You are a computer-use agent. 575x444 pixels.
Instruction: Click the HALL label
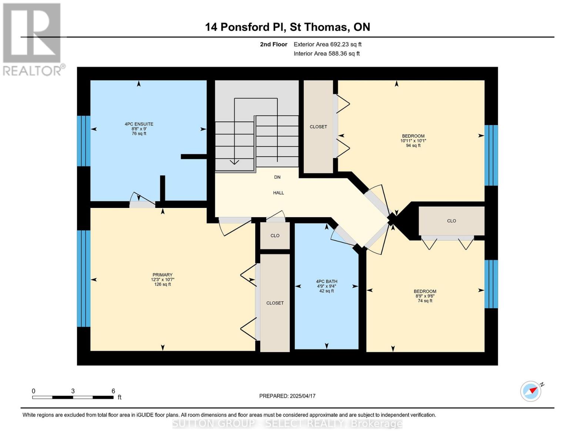[278, 193]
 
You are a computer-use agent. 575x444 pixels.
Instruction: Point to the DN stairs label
[277, 177]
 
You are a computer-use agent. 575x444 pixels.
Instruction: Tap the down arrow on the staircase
[234, 162]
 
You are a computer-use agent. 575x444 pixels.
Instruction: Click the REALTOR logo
[33, 39]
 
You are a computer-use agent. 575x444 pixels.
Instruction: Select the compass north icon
[531, 391]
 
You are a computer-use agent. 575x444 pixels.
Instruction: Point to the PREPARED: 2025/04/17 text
[287, 396]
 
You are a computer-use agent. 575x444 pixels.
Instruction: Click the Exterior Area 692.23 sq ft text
[327, 44]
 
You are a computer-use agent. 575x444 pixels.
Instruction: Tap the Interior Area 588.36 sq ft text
[327, 54]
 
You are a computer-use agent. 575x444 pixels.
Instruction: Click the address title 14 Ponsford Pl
[287, 27]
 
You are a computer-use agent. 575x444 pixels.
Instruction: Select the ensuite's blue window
[83, 141]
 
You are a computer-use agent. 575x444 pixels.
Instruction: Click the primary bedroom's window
[83, 279]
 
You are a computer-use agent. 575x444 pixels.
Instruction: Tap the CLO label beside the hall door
[275, 236]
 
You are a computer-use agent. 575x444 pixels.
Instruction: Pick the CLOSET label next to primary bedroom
[275, 303]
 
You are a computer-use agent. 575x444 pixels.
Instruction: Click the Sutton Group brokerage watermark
[287, 424]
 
